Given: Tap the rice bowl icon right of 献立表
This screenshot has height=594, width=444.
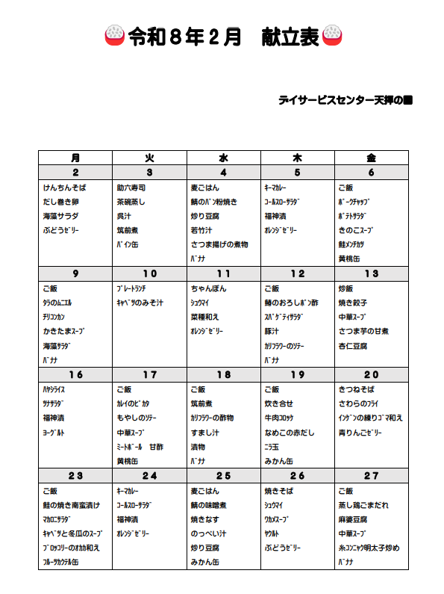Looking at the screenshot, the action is point(332,37).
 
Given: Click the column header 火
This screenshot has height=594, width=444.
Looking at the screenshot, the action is point(149,157).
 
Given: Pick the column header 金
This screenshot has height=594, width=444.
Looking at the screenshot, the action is point(371,157).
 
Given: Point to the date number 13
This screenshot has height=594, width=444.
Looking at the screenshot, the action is point(371,273).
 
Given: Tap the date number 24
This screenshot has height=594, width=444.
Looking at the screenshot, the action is point(149,476).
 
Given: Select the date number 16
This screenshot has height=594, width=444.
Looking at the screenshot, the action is point(75,375).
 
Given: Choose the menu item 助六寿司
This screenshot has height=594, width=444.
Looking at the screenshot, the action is point(131,188).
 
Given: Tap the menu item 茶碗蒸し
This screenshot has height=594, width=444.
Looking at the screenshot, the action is point(131,202).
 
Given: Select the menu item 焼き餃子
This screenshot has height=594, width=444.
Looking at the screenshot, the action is point(352,303).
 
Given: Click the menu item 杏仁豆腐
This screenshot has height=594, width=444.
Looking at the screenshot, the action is point(352,346).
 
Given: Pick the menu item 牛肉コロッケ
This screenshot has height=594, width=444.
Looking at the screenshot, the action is point(283,418).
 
